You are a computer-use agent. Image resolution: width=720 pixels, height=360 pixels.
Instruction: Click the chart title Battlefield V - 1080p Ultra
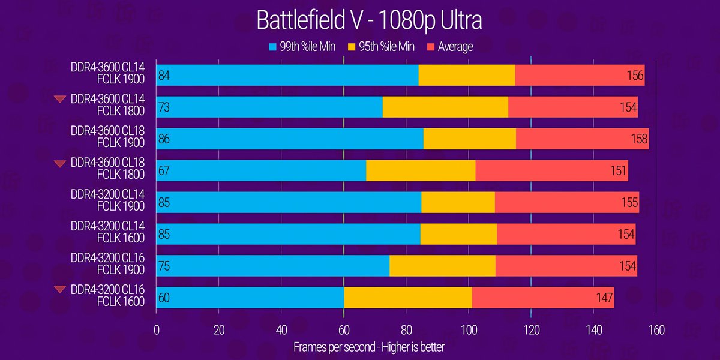(x=369, y=19)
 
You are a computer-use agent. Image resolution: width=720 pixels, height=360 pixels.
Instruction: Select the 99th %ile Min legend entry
(x=302, y=47)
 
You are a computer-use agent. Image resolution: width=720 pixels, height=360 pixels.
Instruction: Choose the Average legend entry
(x=449, y=47)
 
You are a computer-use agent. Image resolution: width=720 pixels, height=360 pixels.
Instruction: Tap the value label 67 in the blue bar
(x=165, y=171)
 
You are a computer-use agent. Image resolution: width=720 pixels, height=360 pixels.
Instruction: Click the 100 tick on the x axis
(x=468, y=329)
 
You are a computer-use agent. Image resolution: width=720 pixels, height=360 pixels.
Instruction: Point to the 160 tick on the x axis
(x=655, y=329)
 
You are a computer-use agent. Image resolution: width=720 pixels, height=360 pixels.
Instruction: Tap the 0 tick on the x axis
(x=157, y=329)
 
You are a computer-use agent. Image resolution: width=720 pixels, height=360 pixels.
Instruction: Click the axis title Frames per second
(x=369, y=347)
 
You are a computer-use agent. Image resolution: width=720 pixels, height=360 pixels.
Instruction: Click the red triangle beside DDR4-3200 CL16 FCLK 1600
(x=59, y=290)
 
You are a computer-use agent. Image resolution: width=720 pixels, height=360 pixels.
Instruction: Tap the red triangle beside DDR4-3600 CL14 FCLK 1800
(x=59, y=99)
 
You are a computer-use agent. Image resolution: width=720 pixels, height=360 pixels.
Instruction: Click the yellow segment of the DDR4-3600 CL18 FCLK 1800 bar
(x=420, y=171)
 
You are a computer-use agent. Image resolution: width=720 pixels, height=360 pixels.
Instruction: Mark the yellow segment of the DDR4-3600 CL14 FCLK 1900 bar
(x=466, y=76)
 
